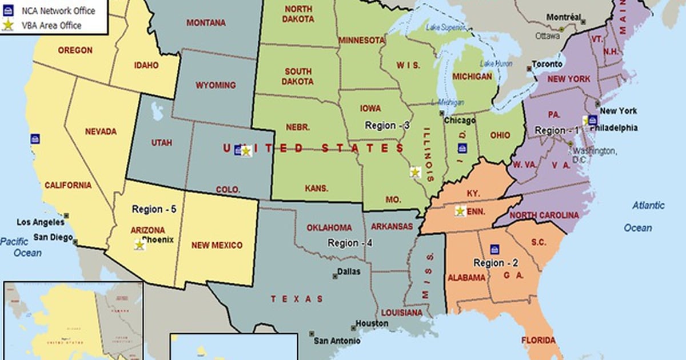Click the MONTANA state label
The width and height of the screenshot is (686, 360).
[x=206, y=23]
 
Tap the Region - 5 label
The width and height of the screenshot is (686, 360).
[x=154, y=209]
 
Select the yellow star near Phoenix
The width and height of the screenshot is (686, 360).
[x=139, y=245]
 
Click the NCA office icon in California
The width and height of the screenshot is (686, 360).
[x=35, y=139]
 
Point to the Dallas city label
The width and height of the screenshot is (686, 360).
[x=349, y=272]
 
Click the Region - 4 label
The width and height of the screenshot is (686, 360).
[x=350, y=243]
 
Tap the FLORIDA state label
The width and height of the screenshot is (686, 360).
[x=538, y=341]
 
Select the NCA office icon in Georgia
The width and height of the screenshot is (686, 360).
[x=494, y=249]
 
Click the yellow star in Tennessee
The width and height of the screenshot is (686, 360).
[x=460, y=211]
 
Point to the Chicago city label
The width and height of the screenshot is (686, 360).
[x=459, y=121]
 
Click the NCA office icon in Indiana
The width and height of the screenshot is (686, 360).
[x=462, y=149]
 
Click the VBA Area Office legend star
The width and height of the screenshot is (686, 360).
[x=9, y=25]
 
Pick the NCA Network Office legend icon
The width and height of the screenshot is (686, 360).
[x=9, y=10]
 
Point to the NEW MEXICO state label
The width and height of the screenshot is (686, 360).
[x=217, y=245]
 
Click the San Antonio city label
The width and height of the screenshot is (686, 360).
[x=337, y=341]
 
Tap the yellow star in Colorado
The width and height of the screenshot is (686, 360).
[x=246, y=151]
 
